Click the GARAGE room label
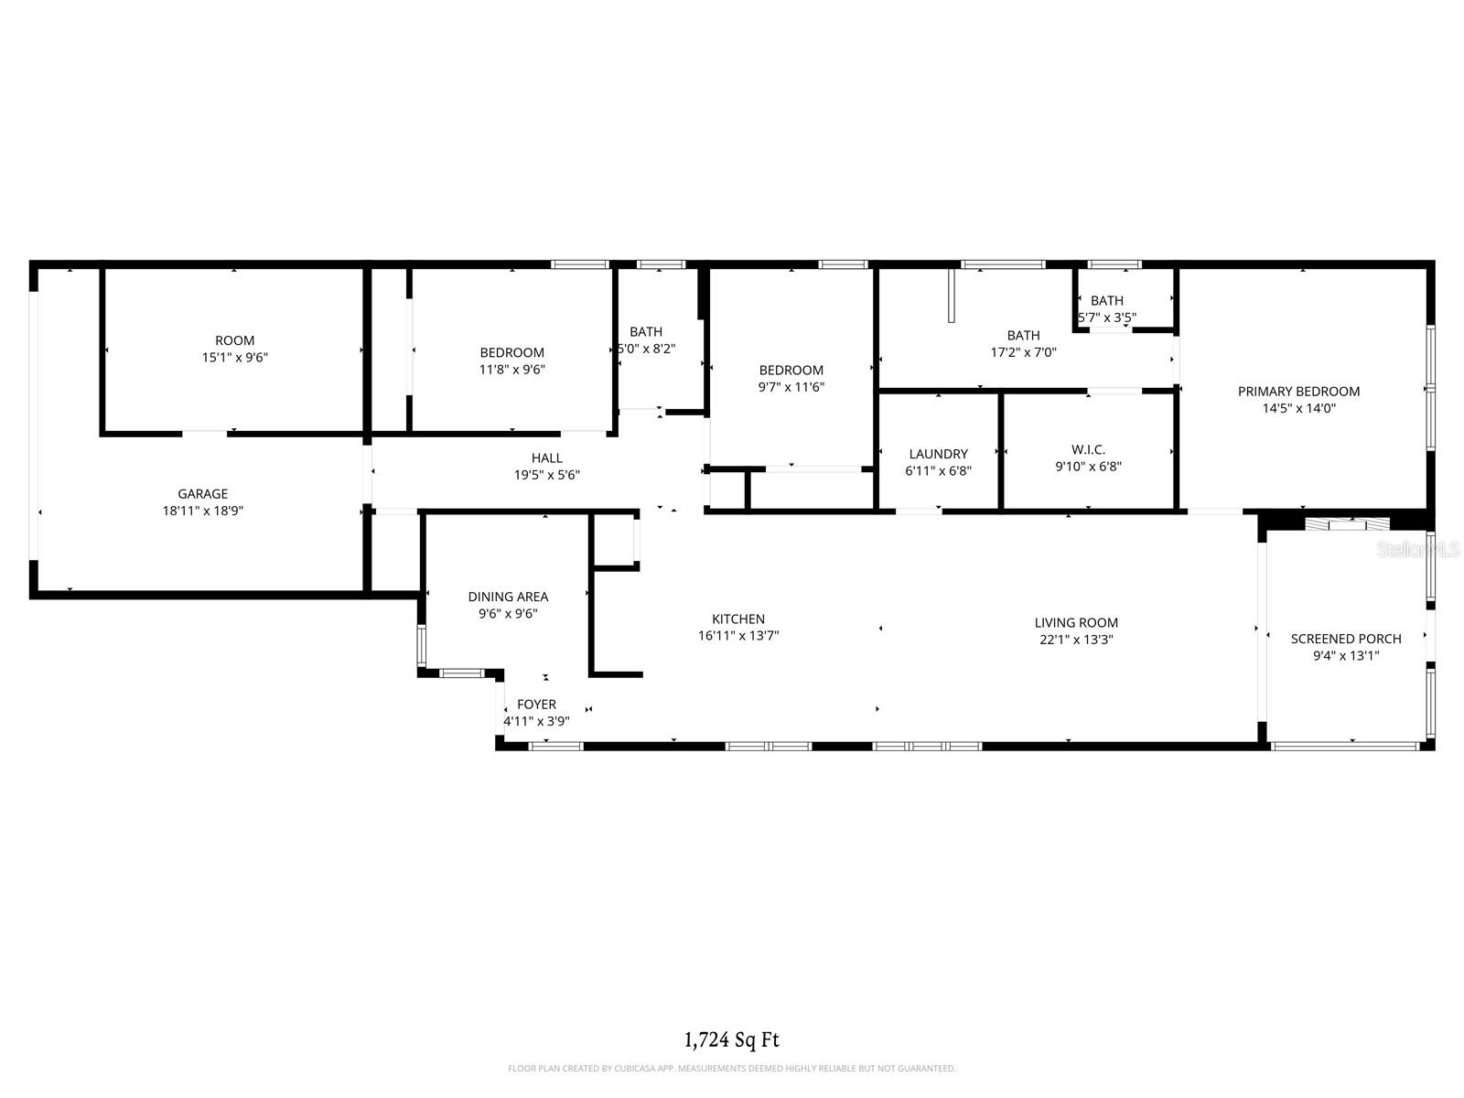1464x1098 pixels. click(x=202, y=494)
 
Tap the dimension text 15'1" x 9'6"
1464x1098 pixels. click(x=235, y=358)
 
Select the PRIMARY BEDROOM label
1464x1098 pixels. click(x=1298, y=392)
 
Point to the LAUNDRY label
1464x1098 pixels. click(x=938, y=454)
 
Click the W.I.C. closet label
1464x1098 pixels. click(x=1088, y=449)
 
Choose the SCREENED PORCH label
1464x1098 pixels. click(x=1345, y=639)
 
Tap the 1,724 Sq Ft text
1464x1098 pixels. click(x=732, y=1039)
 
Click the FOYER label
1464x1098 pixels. click(x=536, y=705)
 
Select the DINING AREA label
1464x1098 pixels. click(x=508, y=597)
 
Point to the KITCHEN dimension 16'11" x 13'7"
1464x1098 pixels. click(x=738, y=636)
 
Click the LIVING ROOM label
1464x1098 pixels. click(x=1076, y=623)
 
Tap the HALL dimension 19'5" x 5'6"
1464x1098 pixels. click(x=547, y=475)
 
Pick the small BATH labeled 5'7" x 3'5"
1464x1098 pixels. click(x=1106, y=301)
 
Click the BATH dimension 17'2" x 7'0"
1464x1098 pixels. click(x=1023, y=352)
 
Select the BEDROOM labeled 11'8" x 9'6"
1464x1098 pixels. click(x=512, y=352)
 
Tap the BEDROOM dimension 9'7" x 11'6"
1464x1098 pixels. click(x=791, y=387)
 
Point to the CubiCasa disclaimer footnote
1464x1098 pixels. click(x=732, y=1069)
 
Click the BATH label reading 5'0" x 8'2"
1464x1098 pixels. click(x=646, y=332)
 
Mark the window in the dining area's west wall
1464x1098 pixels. click(x=421, y=644)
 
